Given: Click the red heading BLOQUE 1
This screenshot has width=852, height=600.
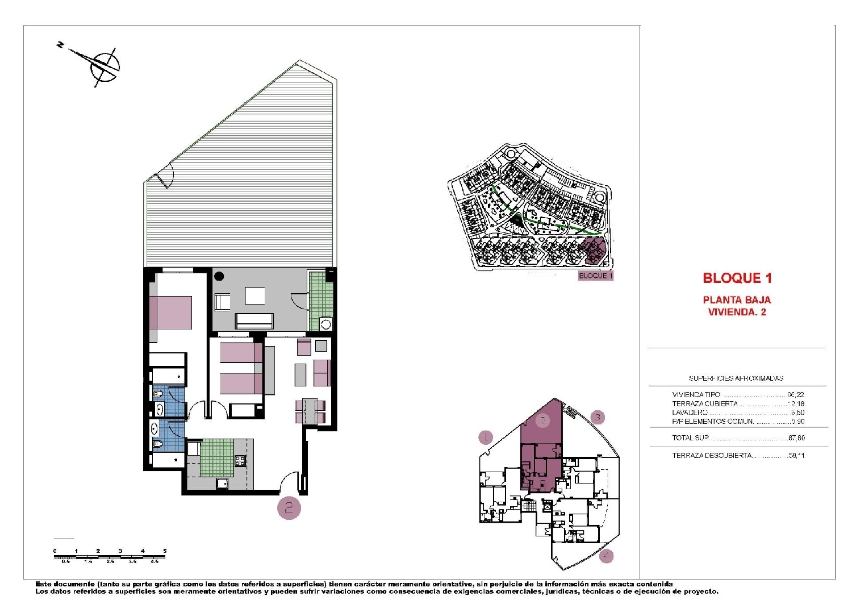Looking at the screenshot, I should click(737, 278).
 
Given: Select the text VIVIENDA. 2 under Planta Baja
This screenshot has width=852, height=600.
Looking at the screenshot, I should click(737, 312).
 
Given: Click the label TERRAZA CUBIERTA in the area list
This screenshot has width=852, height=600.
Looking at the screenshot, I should click(704, 403).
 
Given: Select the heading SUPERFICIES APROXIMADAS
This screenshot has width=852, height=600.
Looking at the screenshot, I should click(736, 378).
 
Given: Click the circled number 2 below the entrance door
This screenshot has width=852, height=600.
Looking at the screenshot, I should click(289, 507).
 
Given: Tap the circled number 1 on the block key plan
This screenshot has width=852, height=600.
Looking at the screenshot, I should click(485, 437).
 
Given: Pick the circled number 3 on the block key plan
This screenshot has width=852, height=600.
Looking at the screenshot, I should click(598, 418).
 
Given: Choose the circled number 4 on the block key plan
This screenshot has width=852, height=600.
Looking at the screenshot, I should click(607, 555).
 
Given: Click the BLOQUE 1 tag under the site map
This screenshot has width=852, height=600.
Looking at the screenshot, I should click(595, 276).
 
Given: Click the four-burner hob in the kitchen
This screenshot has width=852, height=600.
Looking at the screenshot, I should click(240, 461).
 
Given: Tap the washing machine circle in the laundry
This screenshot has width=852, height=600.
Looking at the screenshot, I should click(326, 324).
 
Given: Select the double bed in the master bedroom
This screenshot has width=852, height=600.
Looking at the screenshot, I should click(170, 312).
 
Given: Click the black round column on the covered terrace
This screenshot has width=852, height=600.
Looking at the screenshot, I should click(219, 277).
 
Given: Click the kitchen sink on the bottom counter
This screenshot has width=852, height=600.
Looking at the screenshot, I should click(222, 484).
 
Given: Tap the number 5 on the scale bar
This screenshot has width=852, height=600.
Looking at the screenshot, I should click(165, 551).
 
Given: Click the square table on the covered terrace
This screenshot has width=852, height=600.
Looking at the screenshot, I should click(255, 296).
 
